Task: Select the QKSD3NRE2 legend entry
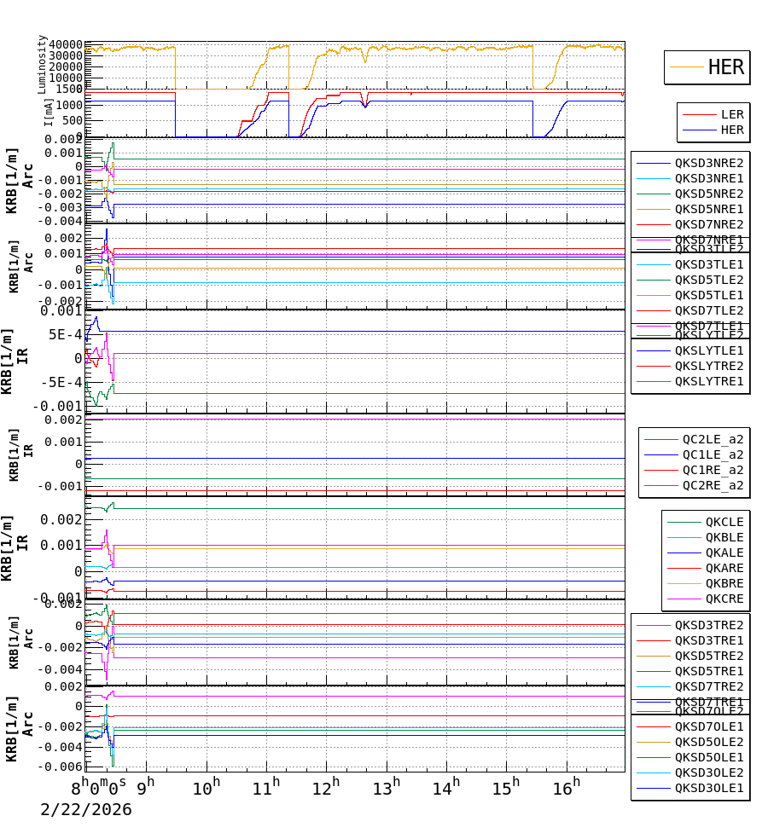click(708, 163)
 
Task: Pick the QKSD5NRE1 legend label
click(708, 209)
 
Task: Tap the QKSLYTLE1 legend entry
click(708, 350)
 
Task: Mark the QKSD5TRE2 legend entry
click(708, 656)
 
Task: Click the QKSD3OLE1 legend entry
click(708, 788)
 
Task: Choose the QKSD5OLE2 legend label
click(708, 742)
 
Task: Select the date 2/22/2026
click(86, 809)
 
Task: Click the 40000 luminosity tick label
click(65, 44)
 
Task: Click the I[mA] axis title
click(49, 113)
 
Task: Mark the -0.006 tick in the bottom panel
click(65, 767)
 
